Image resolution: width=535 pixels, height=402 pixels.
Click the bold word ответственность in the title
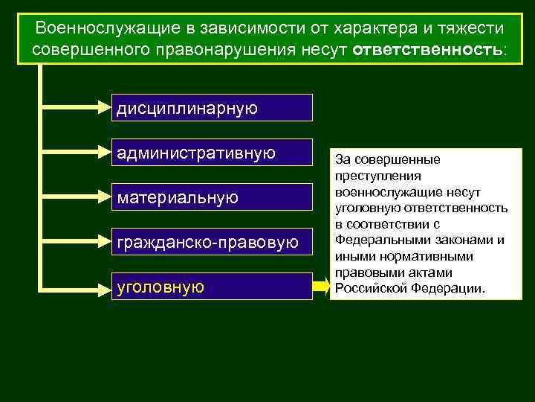pos(427,48)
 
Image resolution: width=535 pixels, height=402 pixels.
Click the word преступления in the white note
pos(377,176)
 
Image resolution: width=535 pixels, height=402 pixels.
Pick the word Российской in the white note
pos(368,288)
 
